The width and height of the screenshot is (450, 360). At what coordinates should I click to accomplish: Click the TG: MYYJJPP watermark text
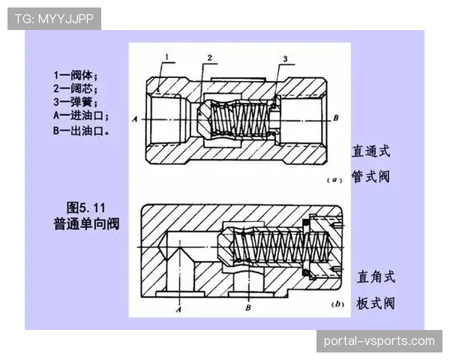pos(54,18)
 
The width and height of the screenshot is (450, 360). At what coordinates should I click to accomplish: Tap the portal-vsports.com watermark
pos(379,341)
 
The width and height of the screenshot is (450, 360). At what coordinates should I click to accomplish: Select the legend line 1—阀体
pos(75,75)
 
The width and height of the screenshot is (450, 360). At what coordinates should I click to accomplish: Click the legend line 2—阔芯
pos(75,88)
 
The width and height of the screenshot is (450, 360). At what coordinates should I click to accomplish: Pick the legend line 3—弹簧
pos(75,103)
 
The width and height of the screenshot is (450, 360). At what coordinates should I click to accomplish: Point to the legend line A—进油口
pos(81,116)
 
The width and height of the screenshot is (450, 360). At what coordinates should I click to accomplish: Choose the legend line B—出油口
pos(81,130)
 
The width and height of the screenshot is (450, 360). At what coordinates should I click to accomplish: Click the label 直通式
pos(372,151)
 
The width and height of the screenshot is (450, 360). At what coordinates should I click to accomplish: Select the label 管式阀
pos(372,177)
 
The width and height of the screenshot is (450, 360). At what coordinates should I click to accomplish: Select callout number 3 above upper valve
pos(286,58)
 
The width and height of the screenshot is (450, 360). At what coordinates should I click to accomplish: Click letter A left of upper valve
pos(133,119)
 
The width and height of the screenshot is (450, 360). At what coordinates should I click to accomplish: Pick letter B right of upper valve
pos(337,118)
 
